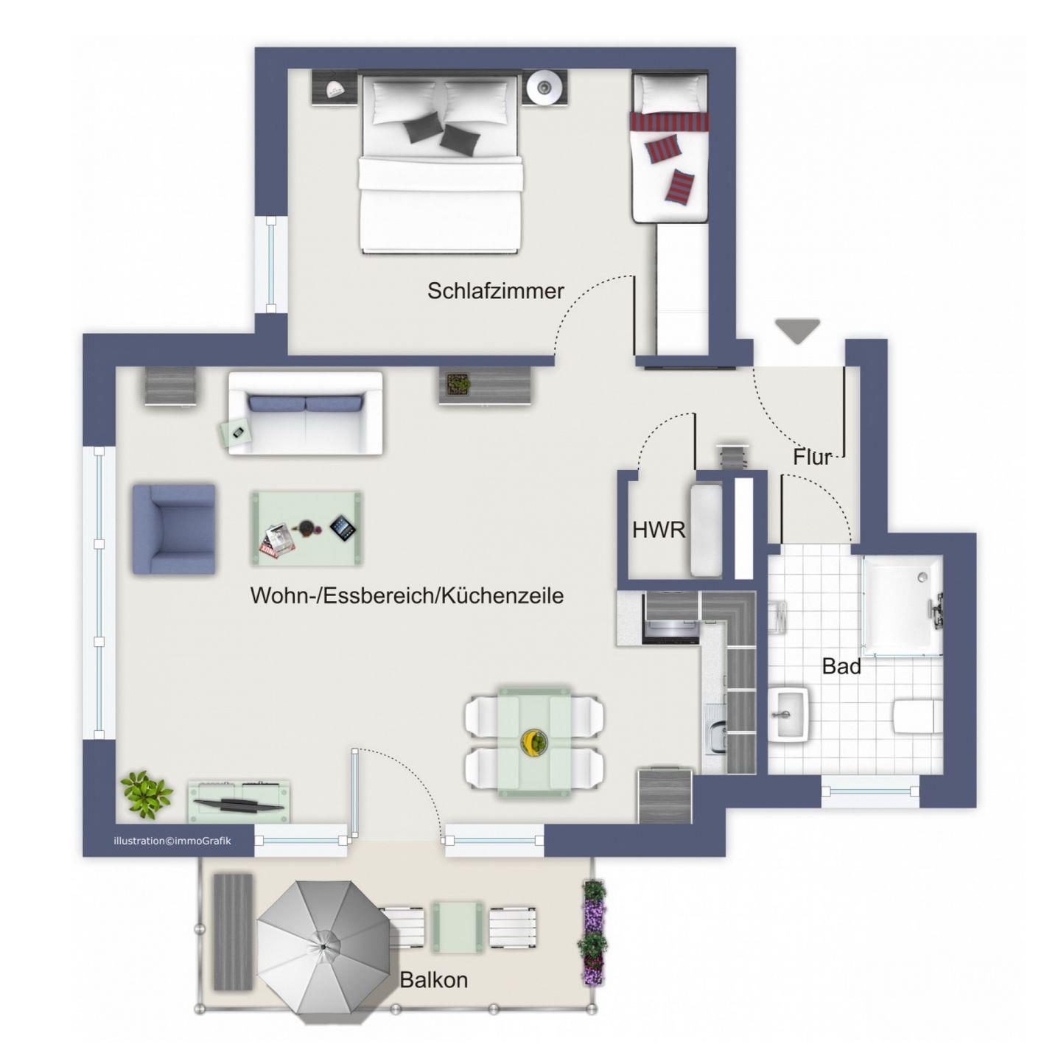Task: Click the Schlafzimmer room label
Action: click(495, 291)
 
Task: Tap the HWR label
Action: click(659, 530)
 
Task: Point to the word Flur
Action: click(811, 457)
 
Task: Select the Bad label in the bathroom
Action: click(841, 666)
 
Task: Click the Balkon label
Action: click(434, 979)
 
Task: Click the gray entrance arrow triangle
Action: click(796, 331)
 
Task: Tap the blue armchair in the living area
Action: click(173, 529)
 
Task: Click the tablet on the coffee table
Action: click(343, 528)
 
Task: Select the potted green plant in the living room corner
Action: click(147, 794)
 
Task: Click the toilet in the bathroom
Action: click(918, 715)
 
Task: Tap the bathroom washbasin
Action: click(788, 714)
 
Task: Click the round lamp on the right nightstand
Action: click(544, 86)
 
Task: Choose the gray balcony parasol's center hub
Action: click(323, 946)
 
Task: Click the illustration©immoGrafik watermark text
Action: click(172, 841)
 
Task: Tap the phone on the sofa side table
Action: click(239, 433)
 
